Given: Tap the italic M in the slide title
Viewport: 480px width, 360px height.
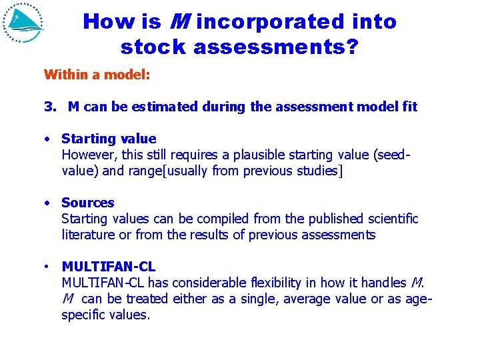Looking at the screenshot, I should click(x=178, y=22).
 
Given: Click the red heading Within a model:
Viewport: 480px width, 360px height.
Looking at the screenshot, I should click(x=97, y=75).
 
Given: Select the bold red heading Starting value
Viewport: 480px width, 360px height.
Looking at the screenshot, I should click(x=109, y=139).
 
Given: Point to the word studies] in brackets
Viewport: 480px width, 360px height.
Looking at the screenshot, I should click(x=322, y=171).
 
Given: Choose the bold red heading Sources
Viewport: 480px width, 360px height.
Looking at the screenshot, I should click(x=87, y=203).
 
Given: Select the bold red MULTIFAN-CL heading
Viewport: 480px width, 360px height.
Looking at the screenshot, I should click(x=108, y=267).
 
